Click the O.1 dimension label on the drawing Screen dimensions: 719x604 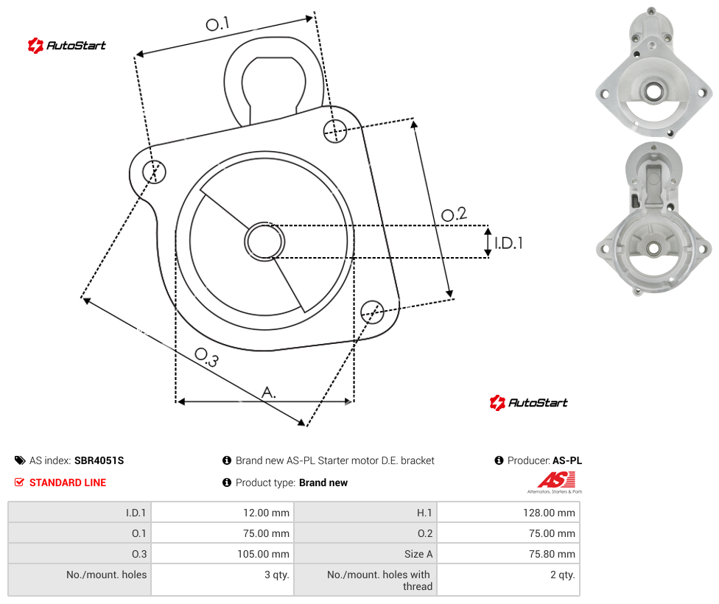coord(217,24)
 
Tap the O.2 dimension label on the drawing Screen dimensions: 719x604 coord(454,214)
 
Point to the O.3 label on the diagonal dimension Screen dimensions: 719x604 coord(207,357)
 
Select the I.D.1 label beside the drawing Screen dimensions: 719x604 coord(508,242)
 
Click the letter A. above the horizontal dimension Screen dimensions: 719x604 coord(269,392)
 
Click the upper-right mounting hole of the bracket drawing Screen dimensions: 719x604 coord(335,130)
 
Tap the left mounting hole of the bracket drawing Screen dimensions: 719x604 coord(154,172)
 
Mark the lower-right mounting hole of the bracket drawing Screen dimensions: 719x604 coord(372,312)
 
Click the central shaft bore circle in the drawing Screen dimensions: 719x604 coord(264,242)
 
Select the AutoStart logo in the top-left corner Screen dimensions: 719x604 coord(67,46)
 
